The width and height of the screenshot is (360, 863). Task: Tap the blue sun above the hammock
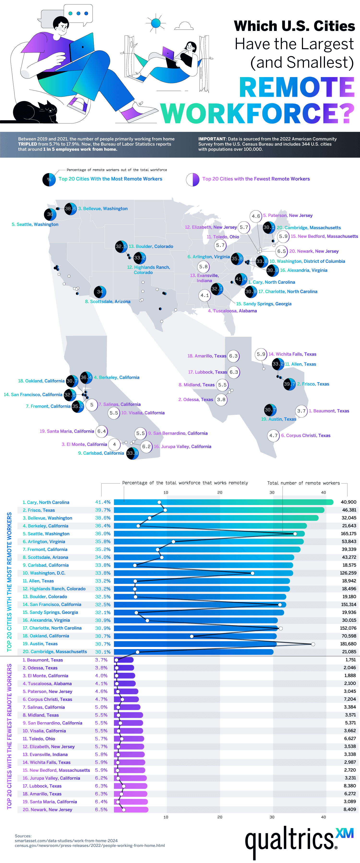tap(156, 23)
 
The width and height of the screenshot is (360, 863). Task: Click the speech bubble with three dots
tap(78, 14)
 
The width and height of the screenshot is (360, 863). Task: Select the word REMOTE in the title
tap(297, 87)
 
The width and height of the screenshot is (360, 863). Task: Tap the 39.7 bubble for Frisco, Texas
tap(289, 384)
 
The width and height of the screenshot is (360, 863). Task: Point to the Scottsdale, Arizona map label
tap(108, 302)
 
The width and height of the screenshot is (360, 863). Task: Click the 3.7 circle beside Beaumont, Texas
tap(301, 411)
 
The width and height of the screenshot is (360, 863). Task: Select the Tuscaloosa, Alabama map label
tap(232, 311)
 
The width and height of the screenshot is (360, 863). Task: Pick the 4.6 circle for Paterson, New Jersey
tap(256, 216)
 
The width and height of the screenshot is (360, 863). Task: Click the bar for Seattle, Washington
tap(209, 534)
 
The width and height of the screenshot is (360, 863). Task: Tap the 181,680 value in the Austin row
tap(348, 644)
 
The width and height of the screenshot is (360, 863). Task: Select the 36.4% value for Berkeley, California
tap(102, 526)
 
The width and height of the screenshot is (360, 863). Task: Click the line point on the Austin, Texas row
tap(313, 644)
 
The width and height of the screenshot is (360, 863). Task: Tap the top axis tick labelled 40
tap(323, 492)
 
